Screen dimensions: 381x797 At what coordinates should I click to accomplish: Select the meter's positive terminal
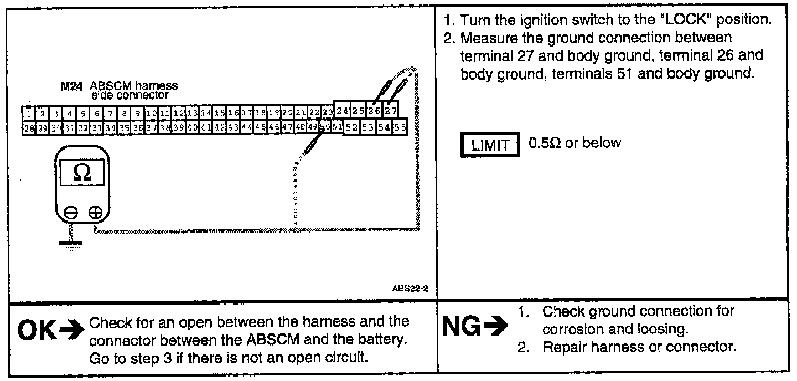95,212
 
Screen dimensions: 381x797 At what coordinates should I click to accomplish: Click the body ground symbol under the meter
69,241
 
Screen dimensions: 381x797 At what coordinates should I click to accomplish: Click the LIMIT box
490,146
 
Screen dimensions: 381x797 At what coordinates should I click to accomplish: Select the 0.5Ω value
543,143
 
